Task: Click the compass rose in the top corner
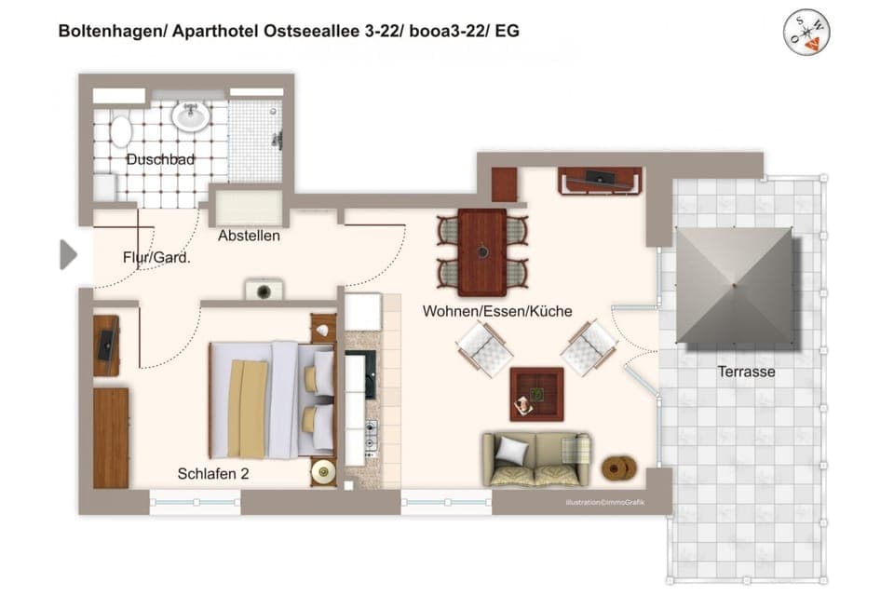click(x=806, y=33)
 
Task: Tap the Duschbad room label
click(x=160, y=160)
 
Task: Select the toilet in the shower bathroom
click(x=121, y=130)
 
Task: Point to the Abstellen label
click(x=249, y=236)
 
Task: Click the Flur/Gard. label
click(x=156, y=258)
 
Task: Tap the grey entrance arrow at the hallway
click(x=68, y=254)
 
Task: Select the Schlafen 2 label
click(x=213, y=474)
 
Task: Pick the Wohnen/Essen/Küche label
click(x=497, y=311)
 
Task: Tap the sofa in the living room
click(x=535, y=459)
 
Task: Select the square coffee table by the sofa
click(x=536, y=394)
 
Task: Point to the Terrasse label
click(x=746, y=372)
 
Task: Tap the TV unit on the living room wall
click(x=599, y=180)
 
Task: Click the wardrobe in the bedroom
click(x=111, y=438)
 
